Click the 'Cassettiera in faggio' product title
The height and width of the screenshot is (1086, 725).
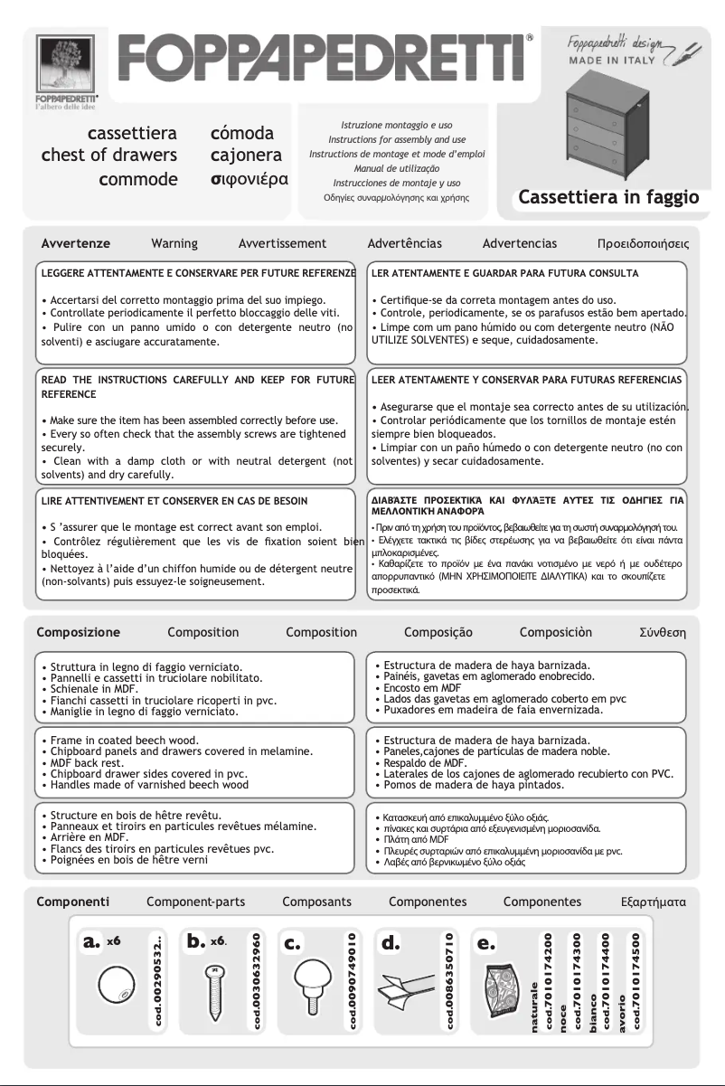(x=608, y=197)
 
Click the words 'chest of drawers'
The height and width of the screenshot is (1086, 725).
(x=109, y=156)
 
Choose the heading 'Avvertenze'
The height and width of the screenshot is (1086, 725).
(x=76, y=243)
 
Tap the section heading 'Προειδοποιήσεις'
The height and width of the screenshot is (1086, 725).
(x=643, y=244)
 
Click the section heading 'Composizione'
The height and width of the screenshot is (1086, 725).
(x=78, y=632)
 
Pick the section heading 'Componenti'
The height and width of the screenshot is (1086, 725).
(x=73, y=902)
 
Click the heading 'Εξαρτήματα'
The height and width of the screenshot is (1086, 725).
(x=654, y=902)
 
